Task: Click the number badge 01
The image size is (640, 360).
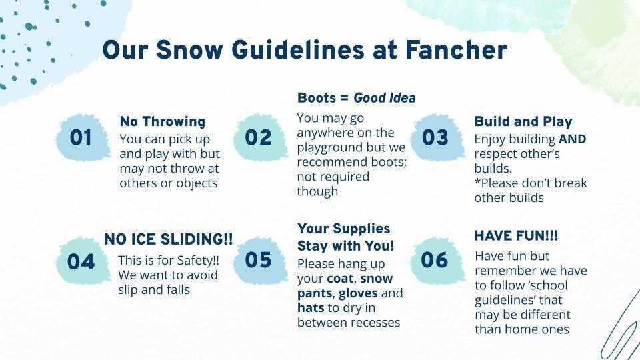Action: (83, 137)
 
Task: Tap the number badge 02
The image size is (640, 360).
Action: (259, 137)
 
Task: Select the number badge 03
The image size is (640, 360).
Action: (437, 137)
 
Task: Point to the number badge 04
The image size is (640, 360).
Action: (83, 261)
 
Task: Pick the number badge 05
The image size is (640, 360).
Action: (259, 260)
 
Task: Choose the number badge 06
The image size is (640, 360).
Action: (437, 260)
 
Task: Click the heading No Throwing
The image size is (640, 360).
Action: (163, 121)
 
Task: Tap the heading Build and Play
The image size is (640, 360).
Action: (523, 121)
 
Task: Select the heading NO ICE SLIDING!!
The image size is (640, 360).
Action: (169, 239)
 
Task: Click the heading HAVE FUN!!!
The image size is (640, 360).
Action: (516, 236)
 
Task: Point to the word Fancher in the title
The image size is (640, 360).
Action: (456, 50)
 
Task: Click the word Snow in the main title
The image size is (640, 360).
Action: (189, 50)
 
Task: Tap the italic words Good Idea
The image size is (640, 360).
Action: (385, 98)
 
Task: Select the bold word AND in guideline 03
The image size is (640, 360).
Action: (572, 139)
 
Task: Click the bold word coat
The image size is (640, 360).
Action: (340, 279)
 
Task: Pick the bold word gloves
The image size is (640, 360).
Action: (358, 293)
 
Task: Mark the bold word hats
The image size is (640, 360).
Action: (311, 308)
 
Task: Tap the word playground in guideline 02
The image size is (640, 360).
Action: (327, 148)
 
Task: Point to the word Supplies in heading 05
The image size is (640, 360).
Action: (361, 229)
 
